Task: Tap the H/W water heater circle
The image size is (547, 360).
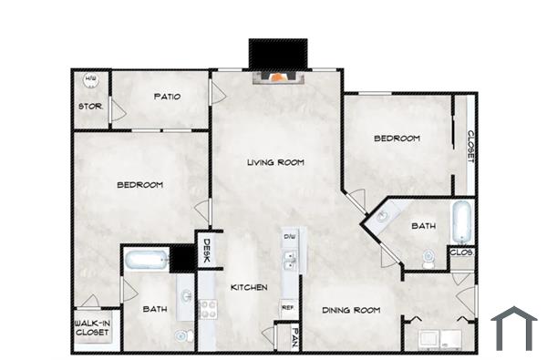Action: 90,81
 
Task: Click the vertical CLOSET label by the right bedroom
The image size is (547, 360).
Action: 470,146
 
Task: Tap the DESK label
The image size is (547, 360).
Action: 206,251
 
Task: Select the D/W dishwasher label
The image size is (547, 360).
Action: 289,237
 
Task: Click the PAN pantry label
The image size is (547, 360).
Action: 294,339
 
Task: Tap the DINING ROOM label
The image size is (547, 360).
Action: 350,311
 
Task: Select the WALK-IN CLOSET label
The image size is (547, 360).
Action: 91,328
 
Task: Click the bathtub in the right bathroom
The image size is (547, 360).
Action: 461,220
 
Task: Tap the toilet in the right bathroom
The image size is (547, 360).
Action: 429,261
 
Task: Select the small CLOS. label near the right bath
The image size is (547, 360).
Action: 460,252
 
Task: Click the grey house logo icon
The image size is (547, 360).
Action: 513,328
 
